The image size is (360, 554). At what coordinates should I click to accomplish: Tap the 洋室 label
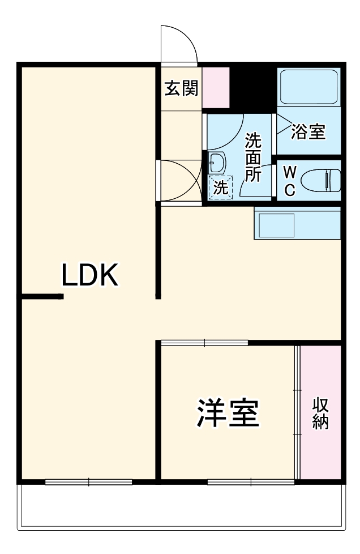point(228,414)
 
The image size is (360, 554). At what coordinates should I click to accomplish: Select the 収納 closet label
point(320,414)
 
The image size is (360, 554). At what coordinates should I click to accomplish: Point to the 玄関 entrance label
point(181,88)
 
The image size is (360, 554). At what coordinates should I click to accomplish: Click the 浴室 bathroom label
point(308,132)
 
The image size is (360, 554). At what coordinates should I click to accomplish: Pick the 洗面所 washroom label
point(253,157)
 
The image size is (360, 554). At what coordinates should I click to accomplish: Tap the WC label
point(289,181)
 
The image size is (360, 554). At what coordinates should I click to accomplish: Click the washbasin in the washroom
point(216,164)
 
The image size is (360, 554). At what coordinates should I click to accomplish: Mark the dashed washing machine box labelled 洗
point(220,187)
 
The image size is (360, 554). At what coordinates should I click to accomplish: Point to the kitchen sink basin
point(276,225)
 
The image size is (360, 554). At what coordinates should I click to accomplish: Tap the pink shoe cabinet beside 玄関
point(216,87)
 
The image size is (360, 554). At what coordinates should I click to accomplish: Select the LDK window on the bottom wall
point(88,482)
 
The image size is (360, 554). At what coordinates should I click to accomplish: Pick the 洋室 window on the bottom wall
point(251,482)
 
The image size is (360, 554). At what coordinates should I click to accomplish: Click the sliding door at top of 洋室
point(204,343)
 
